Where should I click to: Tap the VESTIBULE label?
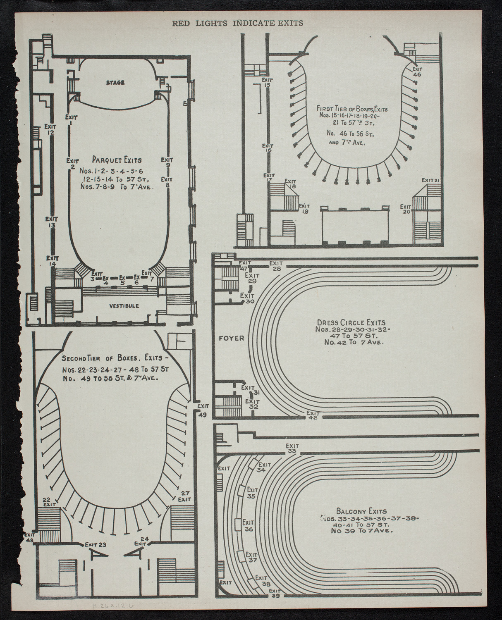click(x=124, y=306)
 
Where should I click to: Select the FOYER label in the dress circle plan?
click(x=231, y=338)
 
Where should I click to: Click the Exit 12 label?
click(x=51, y=129)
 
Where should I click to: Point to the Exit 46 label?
click(x=417, y=72)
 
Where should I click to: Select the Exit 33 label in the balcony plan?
click(x=292, y=448)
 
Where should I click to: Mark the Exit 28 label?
click(x=276, y=266)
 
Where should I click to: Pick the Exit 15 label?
click(x=267, y=82)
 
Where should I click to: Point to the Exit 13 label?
click(x=52, y=222)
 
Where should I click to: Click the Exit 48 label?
click(x=30, y=537)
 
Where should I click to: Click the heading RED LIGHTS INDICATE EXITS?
click(x=237, y=23)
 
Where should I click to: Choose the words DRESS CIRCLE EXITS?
click(x=351, y=322)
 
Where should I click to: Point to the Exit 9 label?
click(x=167, y=162)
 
